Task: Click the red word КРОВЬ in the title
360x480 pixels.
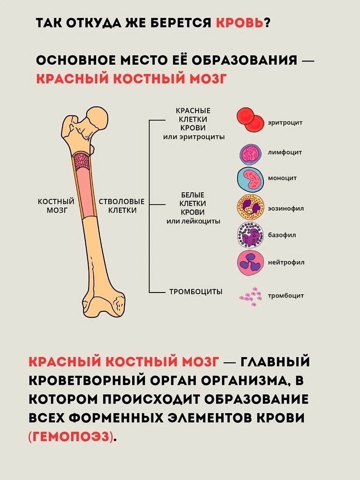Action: point(240,23)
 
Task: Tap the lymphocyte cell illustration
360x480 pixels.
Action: point(250,153)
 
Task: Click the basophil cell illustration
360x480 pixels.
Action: point(250,234)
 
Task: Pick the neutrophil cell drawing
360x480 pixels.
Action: point(250,262)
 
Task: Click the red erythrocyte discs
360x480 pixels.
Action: point(250,120)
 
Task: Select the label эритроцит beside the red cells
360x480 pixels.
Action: point(285,122)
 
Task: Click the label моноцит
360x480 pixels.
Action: point(282,178)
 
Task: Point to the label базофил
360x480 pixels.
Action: point(282,235)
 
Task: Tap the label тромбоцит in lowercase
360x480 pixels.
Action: point(286,296)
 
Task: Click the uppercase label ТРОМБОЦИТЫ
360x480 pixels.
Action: point(196,292)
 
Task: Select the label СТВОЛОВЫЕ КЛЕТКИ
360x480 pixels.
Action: point(121,206)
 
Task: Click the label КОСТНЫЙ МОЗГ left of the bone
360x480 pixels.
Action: point(56,206)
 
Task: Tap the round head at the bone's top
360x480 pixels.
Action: point(97,118)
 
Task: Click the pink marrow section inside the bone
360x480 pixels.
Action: point(84,192)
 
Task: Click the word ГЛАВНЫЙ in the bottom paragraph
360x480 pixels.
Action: point(275,362)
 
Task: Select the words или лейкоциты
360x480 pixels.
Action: point(193,221)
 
